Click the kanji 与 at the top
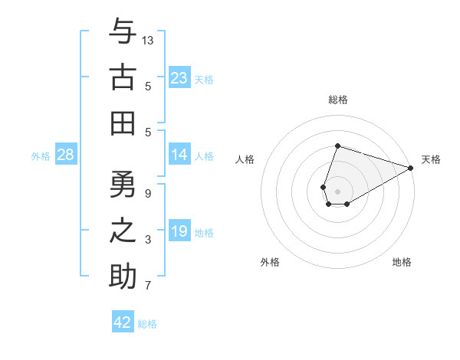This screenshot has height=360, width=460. tap(123, 33)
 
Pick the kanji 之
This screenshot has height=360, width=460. tap(123, 232)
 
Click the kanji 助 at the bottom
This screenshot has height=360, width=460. tap(123, 277)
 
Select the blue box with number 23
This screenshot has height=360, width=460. tap(179, 78)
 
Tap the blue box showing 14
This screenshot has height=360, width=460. tap(179, 155)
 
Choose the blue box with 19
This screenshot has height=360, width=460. tap(179, 231)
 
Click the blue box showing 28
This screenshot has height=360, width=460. tap(65, 155)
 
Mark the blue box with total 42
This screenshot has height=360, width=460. tap(123, 322)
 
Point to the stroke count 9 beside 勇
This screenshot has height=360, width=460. tap(148, 194)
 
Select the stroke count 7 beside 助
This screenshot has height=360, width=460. tap(148, 286)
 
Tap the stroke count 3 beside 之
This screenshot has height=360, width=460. tap(148, 240)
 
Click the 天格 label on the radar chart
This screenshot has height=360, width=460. tap(431, 159)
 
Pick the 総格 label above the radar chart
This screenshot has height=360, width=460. tap(337, 100)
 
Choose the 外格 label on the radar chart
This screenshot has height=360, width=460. tap(270, 262)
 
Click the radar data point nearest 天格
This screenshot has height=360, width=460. tap(411, 168)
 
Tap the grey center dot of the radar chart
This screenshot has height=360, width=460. tap(337, 189)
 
